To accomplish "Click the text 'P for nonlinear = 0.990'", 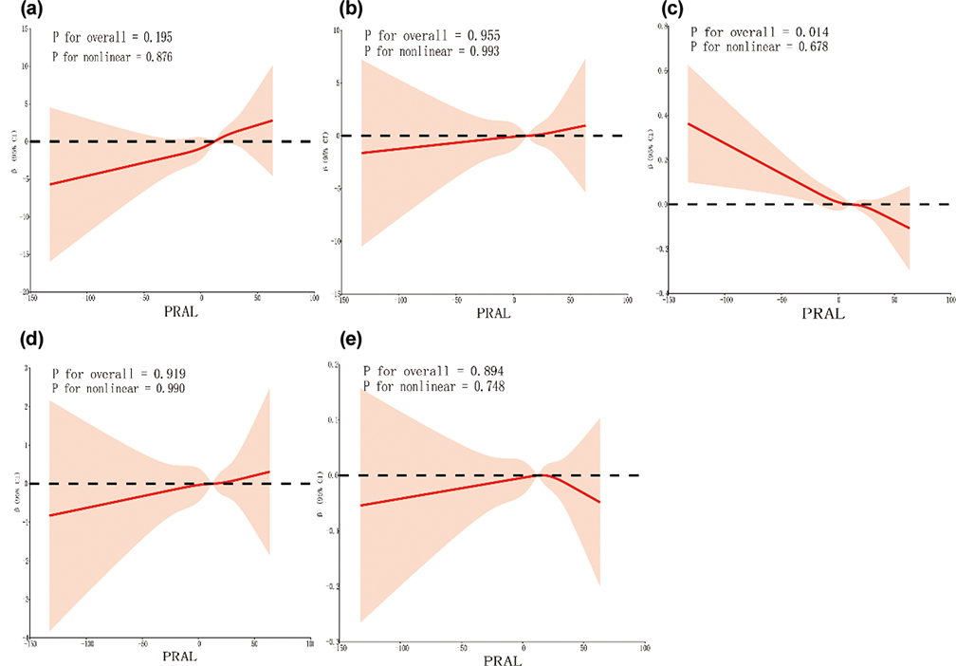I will click(119, 390).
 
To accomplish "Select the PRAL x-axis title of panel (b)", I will click(492, 313).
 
